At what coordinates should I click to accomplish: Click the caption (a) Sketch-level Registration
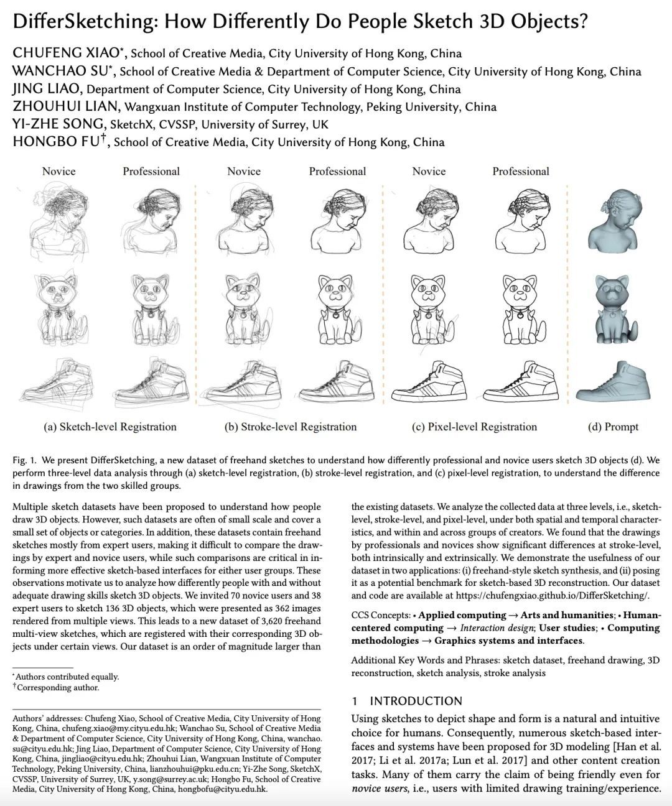pyautogui.click(x=110, y=427)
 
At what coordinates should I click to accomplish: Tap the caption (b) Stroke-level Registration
pyautogui.click(x=290, y=427)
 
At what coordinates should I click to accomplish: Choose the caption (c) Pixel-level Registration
pyautogui.click(x=475, y=427)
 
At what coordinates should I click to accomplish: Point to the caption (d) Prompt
pyautogui.click(x=613, y=427)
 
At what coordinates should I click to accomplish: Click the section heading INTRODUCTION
pyautogui.click(x=416, y=701)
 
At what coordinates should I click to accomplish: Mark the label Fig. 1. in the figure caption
pyautogui.click(x=24, y=461)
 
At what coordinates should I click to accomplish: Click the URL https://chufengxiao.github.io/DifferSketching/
pyautogui.click(x=552, y=595)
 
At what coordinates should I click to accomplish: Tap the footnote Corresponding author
pyautogui.click(x=57, y=687)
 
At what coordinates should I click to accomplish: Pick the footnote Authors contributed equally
pyautogui.click(x=67, y=677)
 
